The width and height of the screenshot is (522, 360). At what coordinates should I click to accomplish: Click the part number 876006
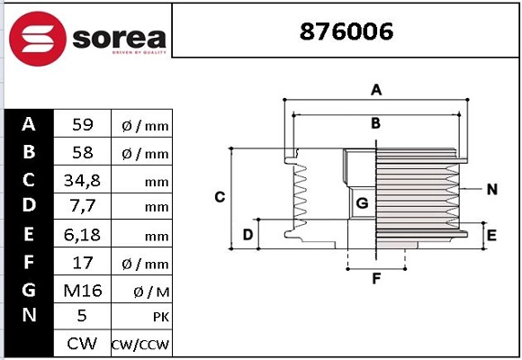tap(346, 31)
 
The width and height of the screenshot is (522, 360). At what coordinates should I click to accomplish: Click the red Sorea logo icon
tap(37, 38)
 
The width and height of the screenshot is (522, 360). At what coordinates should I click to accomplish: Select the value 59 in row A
tap(82, 125)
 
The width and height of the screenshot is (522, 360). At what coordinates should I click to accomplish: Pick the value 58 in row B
tap(82, 153)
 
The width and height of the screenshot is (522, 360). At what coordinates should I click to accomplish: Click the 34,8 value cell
tap(82, 180)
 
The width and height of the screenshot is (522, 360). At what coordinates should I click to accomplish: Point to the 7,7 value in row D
tap(82, 207)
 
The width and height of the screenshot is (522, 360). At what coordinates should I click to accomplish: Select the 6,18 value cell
tap(82, 235)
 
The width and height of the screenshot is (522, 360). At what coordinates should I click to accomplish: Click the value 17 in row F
tap(82, 263)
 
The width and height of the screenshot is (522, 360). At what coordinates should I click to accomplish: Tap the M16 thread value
tap(82, 290)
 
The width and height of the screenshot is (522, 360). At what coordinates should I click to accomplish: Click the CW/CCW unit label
tap(139, 345)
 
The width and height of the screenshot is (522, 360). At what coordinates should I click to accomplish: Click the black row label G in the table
tap(29, 289)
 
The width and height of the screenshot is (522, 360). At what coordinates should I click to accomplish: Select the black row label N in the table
tap(29, 316)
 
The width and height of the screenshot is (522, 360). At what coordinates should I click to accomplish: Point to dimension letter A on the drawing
tap(377, 89)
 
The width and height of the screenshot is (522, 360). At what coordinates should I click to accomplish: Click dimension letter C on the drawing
tap(219, 196)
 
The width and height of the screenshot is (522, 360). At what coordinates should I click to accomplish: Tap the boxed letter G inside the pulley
tap(362, 204)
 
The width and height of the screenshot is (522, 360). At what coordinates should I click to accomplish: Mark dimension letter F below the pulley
tap(376, 278)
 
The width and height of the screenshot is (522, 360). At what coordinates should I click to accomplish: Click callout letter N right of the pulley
tap(491, 189)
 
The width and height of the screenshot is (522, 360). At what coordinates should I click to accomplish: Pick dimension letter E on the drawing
tap(491, 236)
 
